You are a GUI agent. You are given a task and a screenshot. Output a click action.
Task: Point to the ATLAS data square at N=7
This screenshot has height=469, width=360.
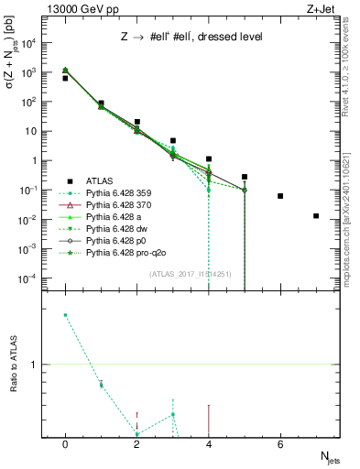316,216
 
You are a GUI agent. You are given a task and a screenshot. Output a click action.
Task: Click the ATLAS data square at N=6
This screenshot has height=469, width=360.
280,196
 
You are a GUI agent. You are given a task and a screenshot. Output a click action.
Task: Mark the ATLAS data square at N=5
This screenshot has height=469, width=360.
245,177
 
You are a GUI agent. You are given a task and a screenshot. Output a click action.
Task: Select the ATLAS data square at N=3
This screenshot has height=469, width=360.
173,141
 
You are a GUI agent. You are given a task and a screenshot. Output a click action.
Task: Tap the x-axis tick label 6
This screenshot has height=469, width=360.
280,443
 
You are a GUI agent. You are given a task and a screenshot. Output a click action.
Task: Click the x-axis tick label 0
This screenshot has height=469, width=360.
65,443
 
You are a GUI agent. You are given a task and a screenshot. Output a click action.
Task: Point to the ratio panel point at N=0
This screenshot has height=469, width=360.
65,315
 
